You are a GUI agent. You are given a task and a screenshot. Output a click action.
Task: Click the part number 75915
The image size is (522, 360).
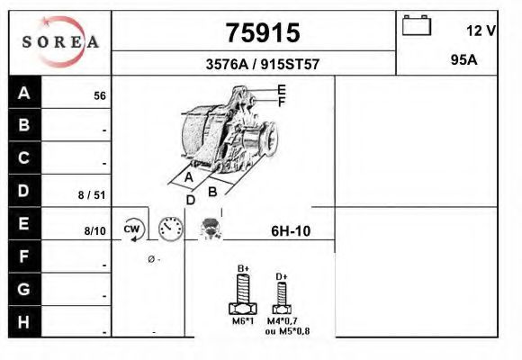(x=261, y=32)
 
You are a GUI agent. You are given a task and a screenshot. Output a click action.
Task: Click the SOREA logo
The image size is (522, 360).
(x=59, y=41)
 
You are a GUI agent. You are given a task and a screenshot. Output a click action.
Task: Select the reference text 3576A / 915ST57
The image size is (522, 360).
(x=261, y=65)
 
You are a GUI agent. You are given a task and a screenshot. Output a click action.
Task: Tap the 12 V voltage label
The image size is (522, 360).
(x=481, y=31)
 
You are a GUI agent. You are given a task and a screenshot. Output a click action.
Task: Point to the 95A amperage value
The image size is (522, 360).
(x=463, y=59)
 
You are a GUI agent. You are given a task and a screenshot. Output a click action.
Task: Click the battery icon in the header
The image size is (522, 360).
(x=418, y=25)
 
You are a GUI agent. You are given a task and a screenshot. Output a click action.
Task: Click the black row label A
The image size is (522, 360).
(x=24, y=93)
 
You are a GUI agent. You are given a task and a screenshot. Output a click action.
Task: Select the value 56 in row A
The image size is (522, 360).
(x=100, y=95)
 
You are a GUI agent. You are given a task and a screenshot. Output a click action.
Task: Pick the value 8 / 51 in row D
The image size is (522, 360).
(x=93, y=194)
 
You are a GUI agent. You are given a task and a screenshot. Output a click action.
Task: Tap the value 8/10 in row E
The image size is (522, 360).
(x=94, y=231)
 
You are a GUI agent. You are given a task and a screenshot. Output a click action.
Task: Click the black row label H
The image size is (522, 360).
(x=24, y=322)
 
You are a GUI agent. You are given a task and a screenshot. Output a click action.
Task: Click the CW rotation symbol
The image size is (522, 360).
(x=133, y=229)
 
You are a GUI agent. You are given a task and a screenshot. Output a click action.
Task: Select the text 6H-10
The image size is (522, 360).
(x=291, y=231)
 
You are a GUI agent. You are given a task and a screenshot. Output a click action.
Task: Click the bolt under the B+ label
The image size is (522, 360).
(x=243, y=292)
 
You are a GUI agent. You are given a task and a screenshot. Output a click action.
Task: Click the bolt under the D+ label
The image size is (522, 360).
(x=282, y=295)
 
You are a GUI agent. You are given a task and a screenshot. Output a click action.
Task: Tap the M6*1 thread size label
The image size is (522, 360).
(x=242, y=320)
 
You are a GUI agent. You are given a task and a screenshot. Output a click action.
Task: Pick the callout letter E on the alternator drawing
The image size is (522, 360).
(x=282, y=89)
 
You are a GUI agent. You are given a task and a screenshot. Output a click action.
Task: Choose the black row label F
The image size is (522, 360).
(x=24, y=256)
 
